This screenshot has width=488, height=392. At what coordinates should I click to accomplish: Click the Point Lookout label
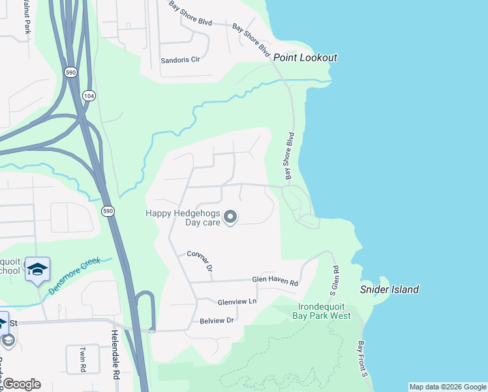point(305,57)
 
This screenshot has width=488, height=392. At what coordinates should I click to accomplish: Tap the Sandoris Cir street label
point(180,59)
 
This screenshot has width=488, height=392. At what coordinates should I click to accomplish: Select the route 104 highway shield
point(87,95)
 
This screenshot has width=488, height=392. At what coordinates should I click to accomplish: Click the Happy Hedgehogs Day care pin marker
point(230,216)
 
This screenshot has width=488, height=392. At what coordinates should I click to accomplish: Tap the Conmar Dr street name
point(200,261)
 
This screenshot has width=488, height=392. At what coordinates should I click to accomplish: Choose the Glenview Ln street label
point(237,301)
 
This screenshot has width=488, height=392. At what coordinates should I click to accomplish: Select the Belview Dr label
point(217,320)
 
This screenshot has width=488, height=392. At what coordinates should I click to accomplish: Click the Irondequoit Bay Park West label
point(324,311)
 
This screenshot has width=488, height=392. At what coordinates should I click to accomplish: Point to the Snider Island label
point(389,289)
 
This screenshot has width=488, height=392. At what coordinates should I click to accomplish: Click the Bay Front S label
point(363,359)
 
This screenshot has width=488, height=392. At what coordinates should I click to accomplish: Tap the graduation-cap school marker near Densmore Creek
point(37,269)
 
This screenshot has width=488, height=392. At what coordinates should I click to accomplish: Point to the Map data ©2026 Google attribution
point(448,387)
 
